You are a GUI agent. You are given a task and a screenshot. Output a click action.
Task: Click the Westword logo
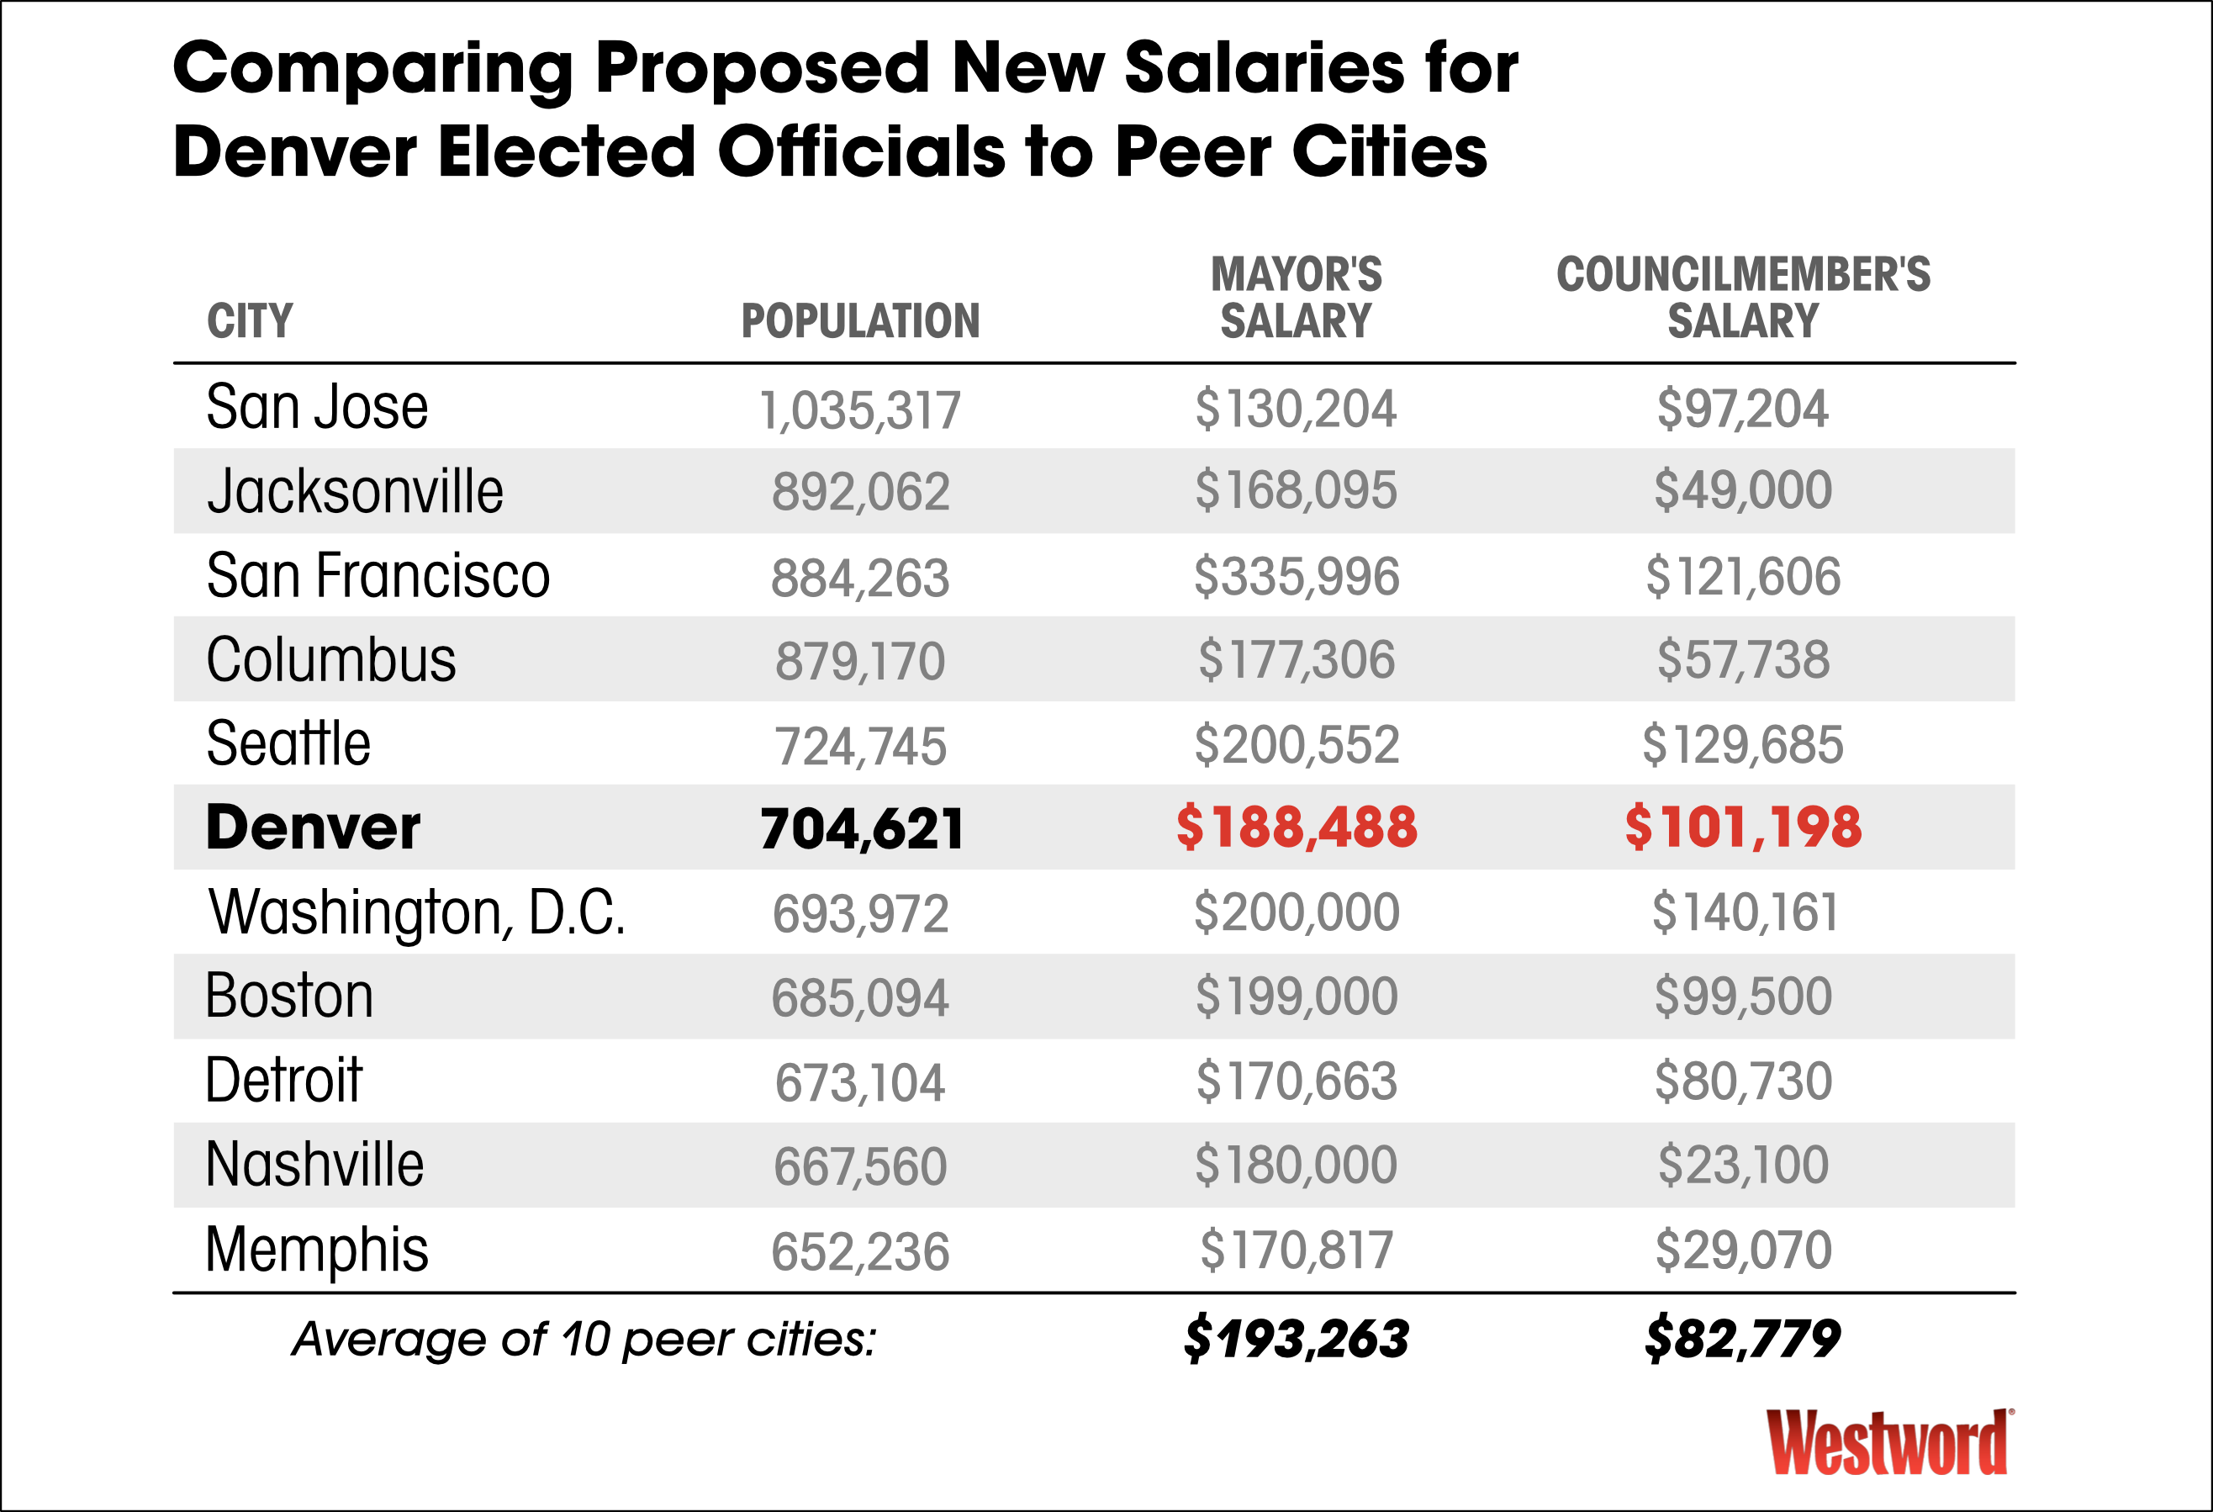coord(1889,1442)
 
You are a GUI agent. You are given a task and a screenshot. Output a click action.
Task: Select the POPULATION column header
coord(860,321)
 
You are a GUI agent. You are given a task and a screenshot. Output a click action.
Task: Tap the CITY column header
coord(250,321)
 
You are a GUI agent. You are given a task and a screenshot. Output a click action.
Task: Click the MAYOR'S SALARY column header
coord(1296,298)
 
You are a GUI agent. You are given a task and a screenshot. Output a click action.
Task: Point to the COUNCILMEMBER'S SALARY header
coord(1743,298)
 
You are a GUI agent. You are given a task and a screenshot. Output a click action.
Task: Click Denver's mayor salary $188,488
coord(1296,827)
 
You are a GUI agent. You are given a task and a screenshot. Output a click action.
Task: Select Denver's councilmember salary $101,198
coord(1743,827)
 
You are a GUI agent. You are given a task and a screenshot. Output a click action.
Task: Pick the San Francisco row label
coord(378,576)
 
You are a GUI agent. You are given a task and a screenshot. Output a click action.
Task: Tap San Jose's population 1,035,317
coord(860,410)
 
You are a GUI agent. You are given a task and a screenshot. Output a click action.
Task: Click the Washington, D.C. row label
coord(417,912)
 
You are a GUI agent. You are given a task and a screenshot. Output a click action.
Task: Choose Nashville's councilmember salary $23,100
coord(1743,1165)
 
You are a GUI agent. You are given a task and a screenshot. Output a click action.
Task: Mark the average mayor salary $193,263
coord(1296,1339)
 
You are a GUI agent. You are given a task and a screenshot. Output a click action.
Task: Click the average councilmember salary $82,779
coord(1743,1339)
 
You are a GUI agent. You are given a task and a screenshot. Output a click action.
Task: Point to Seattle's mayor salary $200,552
coord(1296,744)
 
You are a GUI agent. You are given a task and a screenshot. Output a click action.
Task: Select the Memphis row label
coord(316,1250)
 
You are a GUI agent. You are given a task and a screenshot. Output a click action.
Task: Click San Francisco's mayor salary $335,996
coord(1296,577)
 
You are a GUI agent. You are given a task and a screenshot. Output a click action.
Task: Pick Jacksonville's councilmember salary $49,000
coord(1743,491)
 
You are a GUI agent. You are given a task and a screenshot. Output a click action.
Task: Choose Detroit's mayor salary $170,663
coord(1296,1081)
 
